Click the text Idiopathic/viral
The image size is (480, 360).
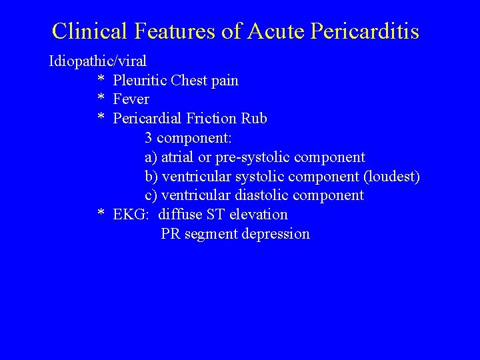[x=97, y=62]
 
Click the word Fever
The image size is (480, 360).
[x=131, y=99]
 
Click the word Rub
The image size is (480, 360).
[x=255, y=119]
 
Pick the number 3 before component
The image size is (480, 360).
[x=149, y=138]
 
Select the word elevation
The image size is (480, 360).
[x=258, y=215]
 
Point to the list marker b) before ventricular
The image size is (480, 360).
[x=151, y=176]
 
